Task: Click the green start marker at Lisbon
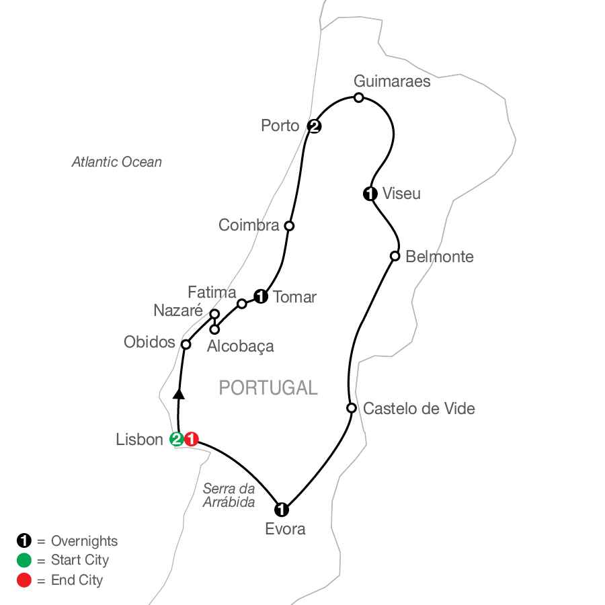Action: point(177,440)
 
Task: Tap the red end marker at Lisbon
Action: point(192,440)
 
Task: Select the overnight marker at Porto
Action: point(313,126)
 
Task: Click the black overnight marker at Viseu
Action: point(369,194)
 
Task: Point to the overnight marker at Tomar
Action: point(261,296)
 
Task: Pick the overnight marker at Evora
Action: point(282,509)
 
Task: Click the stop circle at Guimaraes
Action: point(359,98)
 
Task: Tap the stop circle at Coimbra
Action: point(289,226)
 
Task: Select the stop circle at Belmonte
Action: point(395,256)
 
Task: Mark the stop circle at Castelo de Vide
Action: point(351,408)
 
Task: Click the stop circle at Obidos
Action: point(186,344)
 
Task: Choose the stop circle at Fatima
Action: point(242,304)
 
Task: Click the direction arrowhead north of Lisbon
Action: point(179,393)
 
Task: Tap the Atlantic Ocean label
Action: point(117,162)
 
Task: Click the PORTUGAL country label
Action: point(268,388)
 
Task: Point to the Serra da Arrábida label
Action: point(229,495)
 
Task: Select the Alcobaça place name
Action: point(241,346)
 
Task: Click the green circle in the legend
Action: point(23,561)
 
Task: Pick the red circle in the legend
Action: point(23,580)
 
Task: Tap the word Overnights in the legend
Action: point(84,541)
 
